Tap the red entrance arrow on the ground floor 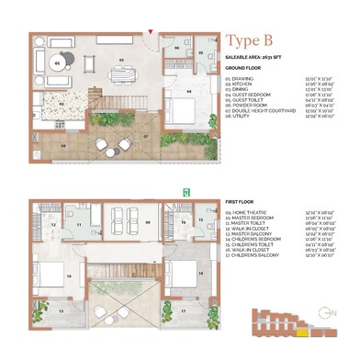pos(151,32)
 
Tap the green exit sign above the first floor pos(186,192)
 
